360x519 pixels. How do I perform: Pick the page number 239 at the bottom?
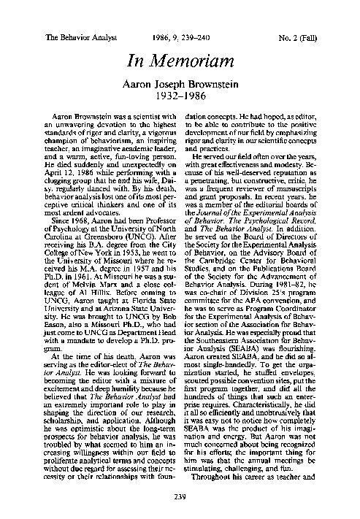(x=180, y=498)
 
